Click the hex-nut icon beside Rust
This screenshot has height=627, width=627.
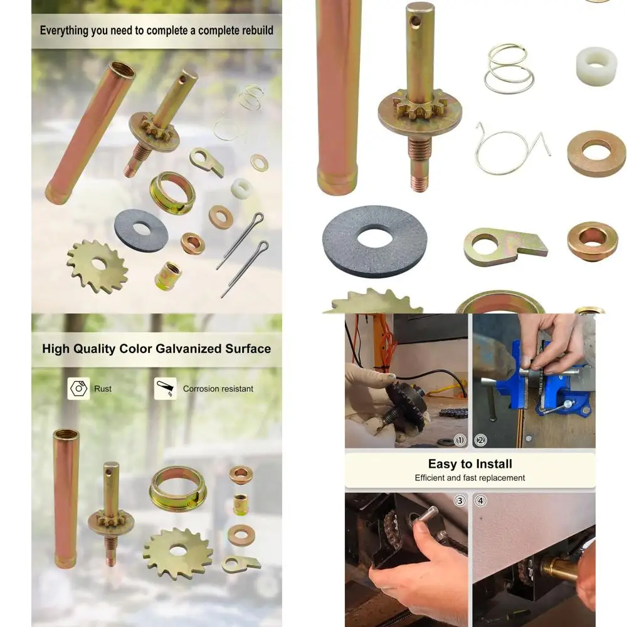(78, 389)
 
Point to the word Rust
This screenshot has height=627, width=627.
(103, 389)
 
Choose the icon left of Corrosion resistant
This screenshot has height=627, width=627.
(165, 389)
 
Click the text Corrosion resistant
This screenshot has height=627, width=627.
(218, 389)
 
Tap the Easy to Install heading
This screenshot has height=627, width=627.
(470, 464)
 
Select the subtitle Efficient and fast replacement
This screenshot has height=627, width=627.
(470, 478)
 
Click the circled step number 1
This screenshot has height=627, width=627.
(460, 440)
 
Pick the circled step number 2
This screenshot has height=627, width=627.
(481, 440)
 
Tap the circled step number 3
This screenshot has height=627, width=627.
(460, 501)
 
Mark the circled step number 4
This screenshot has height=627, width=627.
(481, 501)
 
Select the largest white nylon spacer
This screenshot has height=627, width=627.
(596, 66)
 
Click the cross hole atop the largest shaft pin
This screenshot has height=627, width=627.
(414, 22)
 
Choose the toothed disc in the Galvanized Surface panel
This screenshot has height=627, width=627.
(178, 552)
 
